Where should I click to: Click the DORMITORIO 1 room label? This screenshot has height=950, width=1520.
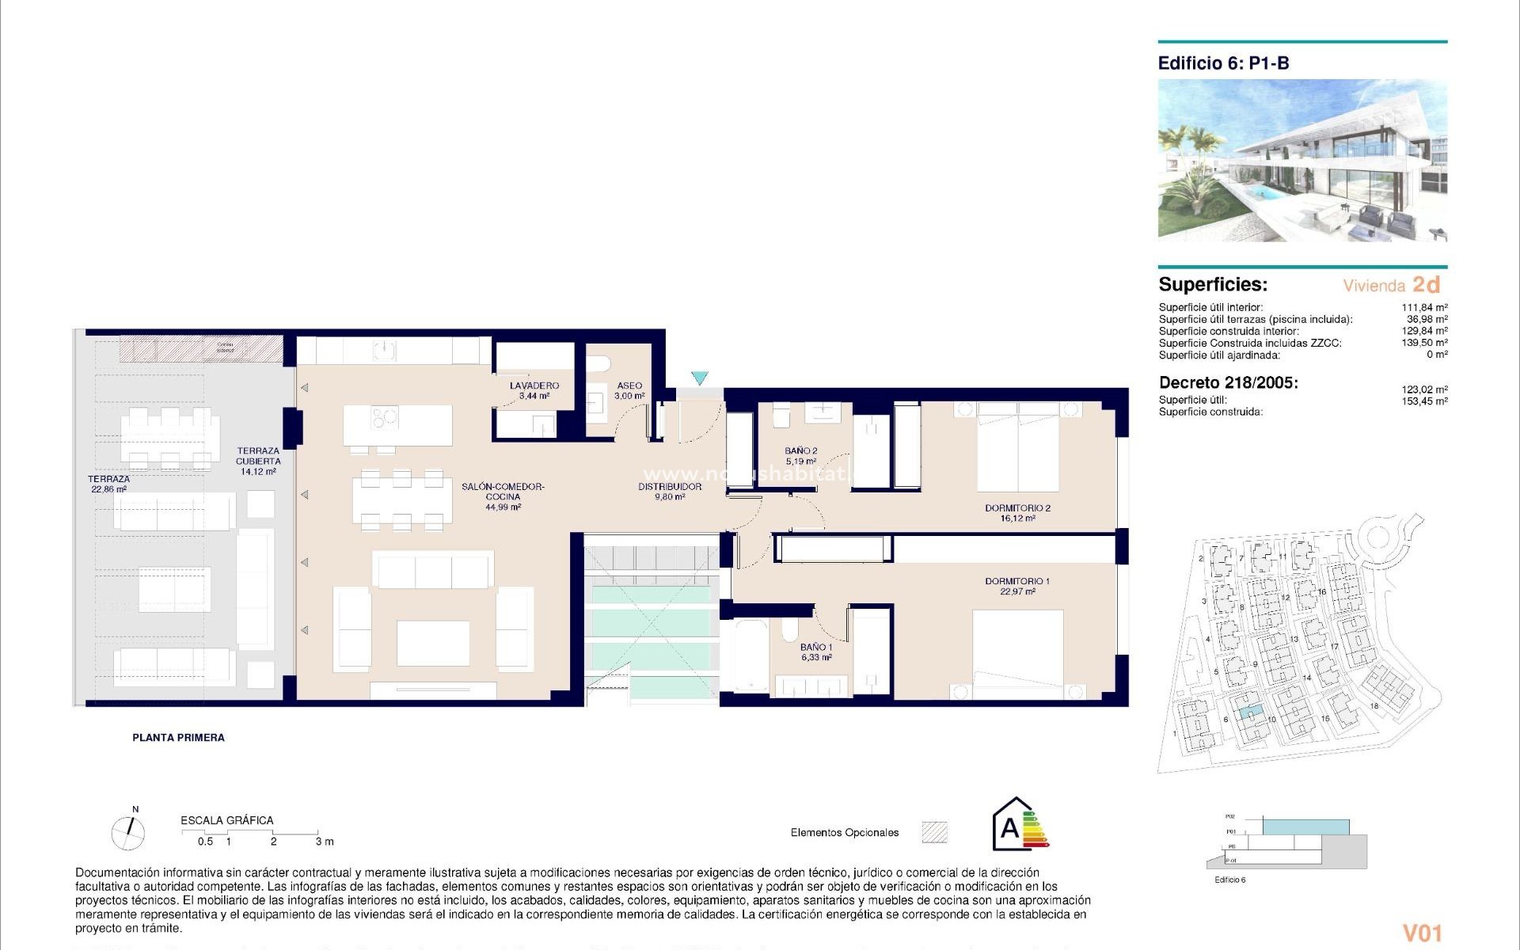(1017, 586)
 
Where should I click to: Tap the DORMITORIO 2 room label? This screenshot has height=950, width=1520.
(1017, 513)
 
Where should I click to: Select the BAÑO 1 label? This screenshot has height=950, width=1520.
(815, 652)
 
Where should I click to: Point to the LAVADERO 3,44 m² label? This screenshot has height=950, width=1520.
(534, 390)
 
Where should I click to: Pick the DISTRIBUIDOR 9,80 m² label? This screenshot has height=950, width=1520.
(670, 492)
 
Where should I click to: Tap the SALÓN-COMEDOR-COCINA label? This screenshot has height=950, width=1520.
(503, 496)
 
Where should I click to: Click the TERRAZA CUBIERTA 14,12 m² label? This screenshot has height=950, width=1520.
(258, 461)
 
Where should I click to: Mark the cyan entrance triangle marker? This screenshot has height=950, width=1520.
(699, 378)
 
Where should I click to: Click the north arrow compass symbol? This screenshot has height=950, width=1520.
(128, 832)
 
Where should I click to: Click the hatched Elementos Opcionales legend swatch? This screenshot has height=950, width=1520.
(934, 832)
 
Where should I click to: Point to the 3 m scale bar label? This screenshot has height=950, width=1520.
(325, 842)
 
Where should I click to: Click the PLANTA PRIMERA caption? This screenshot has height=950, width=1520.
(178, 737)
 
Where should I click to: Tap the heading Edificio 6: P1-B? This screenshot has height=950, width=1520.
(1223, 63)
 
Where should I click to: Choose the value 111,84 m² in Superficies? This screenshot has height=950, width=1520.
(1424, 307)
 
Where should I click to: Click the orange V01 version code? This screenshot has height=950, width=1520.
(1422, 933)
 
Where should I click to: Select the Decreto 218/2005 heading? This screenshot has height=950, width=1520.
(1228, 383)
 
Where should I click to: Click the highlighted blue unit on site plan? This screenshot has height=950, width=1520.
(1248, 712)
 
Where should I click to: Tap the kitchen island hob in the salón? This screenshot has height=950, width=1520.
(385, 416)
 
